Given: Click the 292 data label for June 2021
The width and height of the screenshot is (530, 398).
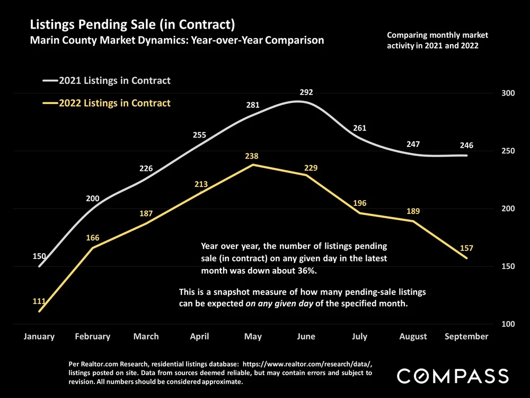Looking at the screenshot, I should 306,92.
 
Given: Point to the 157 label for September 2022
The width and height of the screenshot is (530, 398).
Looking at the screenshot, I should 466,248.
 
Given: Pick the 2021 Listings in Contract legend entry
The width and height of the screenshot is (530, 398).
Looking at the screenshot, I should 114,81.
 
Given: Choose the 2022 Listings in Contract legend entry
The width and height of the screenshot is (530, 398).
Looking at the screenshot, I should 114,103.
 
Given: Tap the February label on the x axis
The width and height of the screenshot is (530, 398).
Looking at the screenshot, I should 93,336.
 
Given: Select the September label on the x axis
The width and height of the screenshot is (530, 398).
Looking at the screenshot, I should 466,336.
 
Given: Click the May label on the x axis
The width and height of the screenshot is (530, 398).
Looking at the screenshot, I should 253,336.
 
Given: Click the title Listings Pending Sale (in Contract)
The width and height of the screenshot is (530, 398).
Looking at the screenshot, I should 132,24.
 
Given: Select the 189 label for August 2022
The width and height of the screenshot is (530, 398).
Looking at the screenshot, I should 413,211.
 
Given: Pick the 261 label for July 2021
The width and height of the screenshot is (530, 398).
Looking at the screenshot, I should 360,128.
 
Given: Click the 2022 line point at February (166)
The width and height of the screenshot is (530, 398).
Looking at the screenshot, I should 93,248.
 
